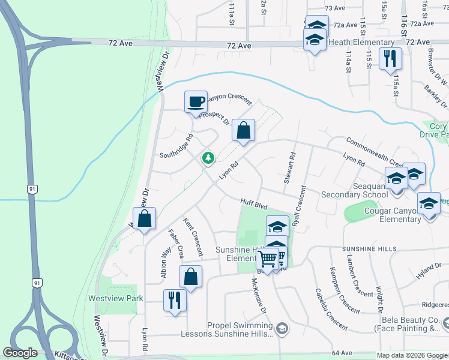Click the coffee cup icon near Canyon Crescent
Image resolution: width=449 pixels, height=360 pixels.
196,101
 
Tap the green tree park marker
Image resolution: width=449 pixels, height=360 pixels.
208,158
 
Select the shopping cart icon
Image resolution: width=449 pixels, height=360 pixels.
268,259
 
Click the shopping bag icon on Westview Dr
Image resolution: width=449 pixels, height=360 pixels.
145,218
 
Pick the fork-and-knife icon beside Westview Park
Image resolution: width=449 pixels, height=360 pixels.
175,299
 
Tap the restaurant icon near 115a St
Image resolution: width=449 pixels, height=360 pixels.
390,58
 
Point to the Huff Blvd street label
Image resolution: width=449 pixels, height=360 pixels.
253,205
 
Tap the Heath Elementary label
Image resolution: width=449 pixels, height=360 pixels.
361,42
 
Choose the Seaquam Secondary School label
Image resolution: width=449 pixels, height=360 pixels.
354,190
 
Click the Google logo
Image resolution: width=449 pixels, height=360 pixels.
20,353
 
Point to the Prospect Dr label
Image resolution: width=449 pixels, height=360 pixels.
214,118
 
